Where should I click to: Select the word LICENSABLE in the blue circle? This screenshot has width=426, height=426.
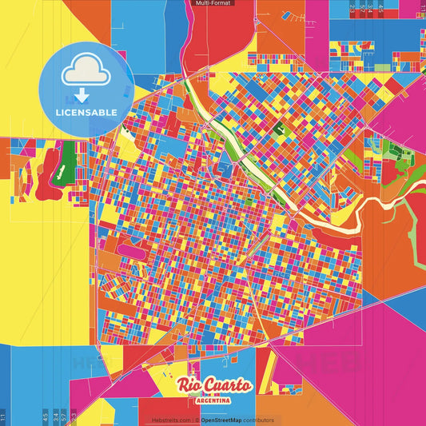[86, 112]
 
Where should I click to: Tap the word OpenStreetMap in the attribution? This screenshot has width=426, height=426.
[221, 420]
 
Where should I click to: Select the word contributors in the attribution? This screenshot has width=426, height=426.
[259, 420]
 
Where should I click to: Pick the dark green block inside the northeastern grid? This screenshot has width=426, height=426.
[279, 127]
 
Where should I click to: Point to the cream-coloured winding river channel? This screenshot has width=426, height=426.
[384, 203]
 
